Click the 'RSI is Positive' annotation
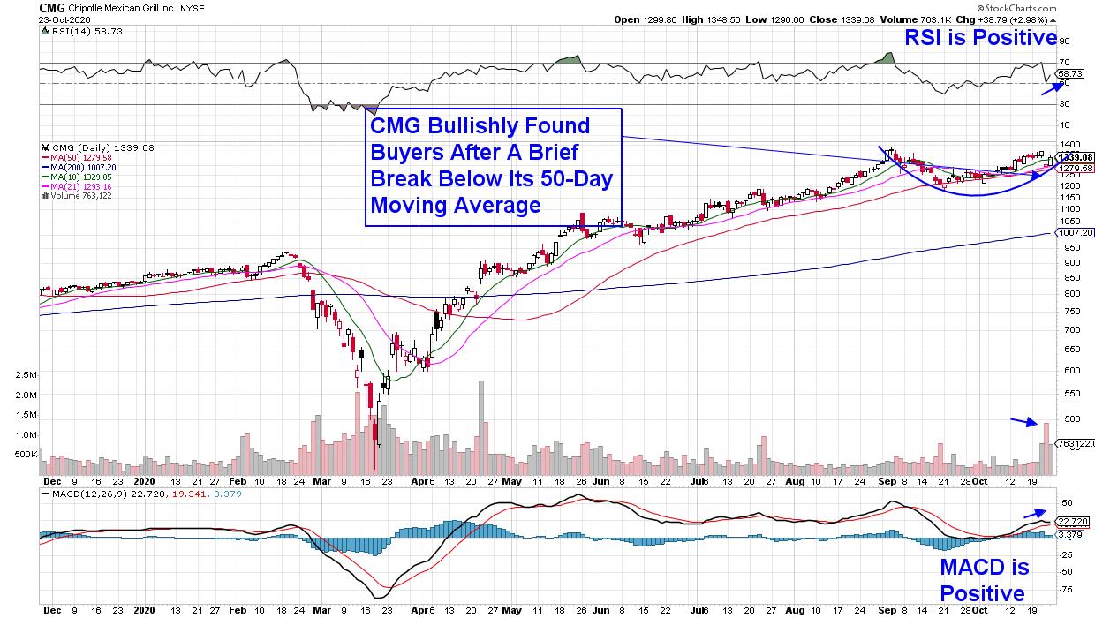pos(980,37)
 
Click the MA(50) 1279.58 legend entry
pos(75,156)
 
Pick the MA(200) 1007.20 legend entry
pos(77,166)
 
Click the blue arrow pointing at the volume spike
pos(1024,422)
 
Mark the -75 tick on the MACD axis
pos(1068,589)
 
